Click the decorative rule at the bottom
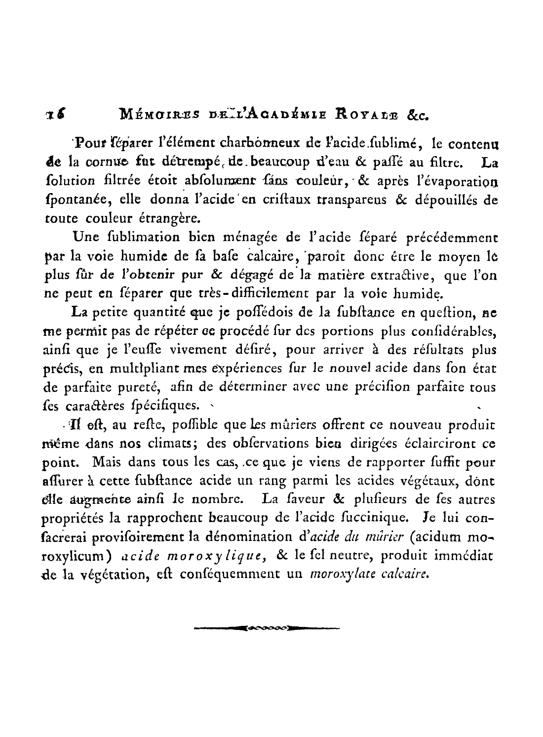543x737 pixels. click(x=267, y=629)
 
